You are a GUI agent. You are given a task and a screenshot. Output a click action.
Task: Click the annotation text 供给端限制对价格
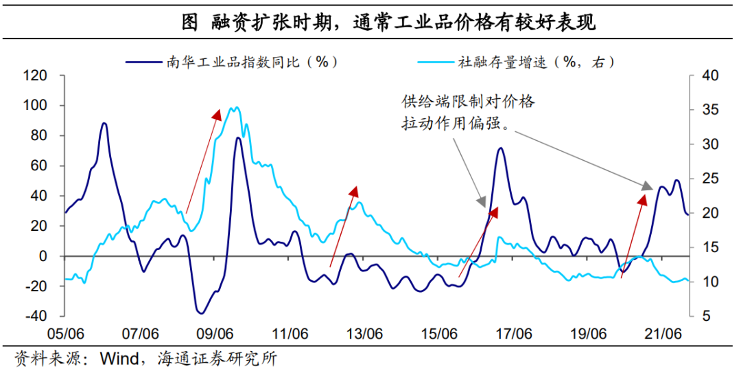[468, 102]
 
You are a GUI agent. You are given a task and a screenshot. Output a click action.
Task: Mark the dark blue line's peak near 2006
[104, 124]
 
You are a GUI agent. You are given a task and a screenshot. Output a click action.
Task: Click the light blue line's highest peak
[235, 107]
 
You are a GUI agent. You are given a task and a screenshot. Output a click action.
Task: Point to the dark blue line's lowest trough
[200, 313]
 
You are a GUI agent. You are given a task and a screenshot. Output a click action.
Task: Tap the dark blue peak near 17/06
[501, 148]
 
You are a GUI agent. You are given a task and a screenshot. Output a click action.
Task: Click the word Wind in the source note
[117, 358]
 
